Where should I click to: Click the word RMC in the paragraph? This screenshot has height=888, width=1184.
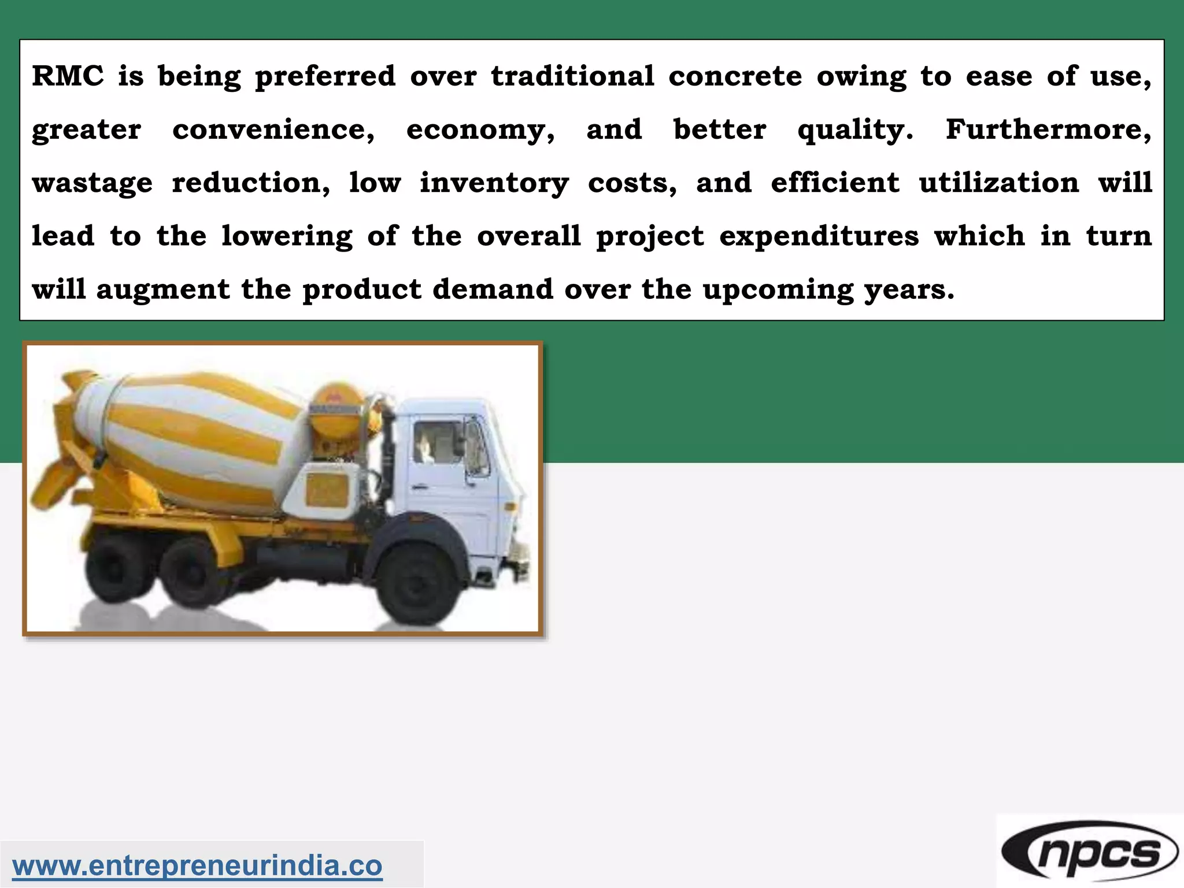click(67, 76)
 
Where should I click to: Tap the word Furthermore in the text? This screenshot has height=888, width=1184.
click(1048, 129)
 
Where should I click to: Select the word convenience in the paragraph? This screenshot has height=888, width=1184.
click(273, 129)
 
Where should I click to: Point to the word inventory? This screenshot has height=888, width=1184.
click(494, 183)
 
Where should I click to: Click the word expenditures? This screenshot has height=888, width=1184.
click(819, 236)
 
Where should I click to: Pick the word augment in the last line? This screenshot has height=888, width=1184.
click(162, 290)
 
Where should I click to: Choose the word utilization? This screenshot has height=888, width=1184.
click(998, 183)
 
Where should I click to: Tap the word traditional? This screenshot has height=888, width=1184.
click(572, 76)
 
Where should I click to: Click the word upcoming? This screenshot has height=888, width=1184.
click(778, 290)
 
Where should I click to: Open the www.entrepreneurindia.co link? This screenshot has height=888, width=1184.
click(197, 865)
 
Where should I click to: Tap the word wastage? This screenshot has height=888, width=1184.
click(92, 183)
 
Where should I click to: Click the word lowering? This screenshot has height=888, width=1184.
click(287, 236)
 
